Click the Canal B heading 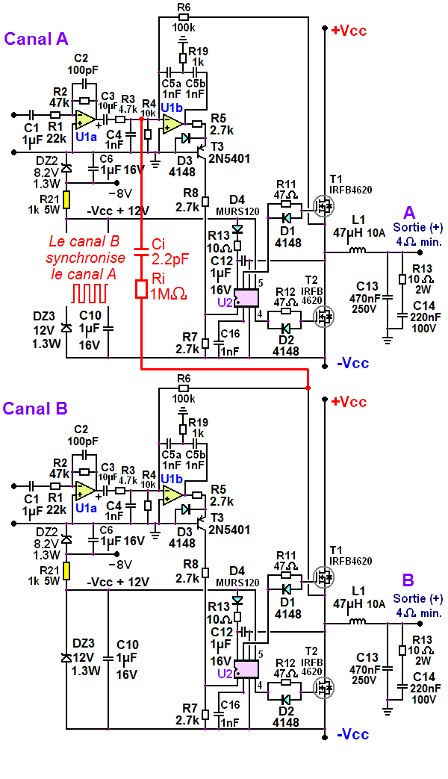[35, 409]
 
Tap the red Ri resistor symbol [142, 289]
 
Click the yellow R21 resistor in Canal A [66, 200]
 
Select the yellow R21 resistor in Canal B [66, 571]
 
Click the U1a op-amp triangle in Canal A [84, 119]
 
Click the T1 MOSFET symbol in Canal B [324, 576]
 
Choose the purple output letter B [408, 580]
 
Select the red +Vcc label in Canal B [348, 402]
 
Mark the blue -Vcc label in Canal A [352, 364]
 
